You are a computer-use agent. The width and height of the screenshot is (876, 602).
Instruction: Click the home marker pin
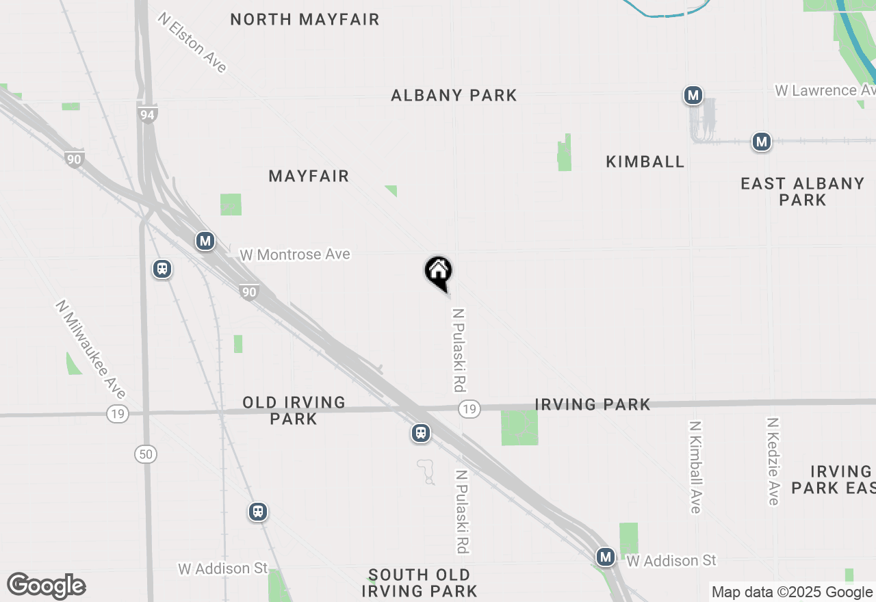coord(439,272)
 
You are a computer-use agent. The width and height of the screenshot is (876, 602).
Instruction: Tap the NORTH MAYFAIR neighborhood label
coord(305,19)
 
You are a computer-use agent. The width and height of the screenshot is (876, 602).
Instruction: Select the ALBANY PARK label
coord(454,95)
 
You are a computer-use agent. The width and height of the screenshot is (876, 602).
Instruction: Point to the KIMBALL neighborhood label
coord(645,161)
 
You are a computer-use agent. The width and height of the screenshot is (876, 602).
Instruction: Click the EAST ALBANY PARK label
coord(803,192)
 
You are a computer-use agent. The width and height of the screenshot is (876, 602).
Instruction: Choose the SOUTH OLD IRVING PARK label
coord(419,583)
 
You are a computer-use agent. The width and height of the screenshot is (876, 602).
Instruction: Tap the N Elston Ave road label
coord(192,42)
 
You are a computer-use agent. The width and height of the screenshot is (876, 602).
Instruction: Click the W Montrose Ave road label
coord(295,254)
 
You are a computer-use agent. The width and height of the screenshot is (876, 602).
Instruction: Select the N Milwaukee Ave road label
coord(91,349)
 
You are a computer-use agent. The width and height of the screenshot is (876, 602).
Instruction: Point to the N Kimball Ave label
coord(695,467)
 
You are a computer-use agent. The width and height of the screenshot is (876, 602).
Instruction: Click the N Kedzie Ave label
coord(773,461)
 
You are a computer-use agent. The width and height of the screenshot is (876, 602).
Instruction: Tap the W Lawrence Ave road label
coord(825,90)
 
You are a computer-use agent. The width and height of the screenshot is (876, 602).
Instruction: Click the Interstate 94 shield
coord(147,114)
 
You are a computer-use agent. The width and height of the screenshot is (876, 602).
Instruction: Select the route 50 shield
coord(146,454)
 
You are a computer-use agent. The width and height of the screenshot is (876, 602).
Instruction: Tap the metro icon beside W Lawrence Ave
coord(693,95)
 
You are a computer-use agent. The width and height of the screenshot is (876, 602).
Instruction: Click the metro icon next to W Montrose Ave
coord(205,241)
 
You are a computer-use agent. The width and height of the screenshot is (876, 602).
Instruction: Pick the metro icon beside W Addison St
coord(605,557)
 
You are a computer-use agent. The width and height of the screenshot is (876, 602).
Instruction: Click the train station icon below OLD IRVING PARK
coord(421,433)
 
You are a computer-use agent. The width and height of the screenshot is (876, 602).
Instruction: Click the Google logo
coord(46,586)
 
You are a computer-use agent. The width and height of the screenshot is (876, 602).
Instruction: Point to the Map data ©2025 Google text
coord(792,592)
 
